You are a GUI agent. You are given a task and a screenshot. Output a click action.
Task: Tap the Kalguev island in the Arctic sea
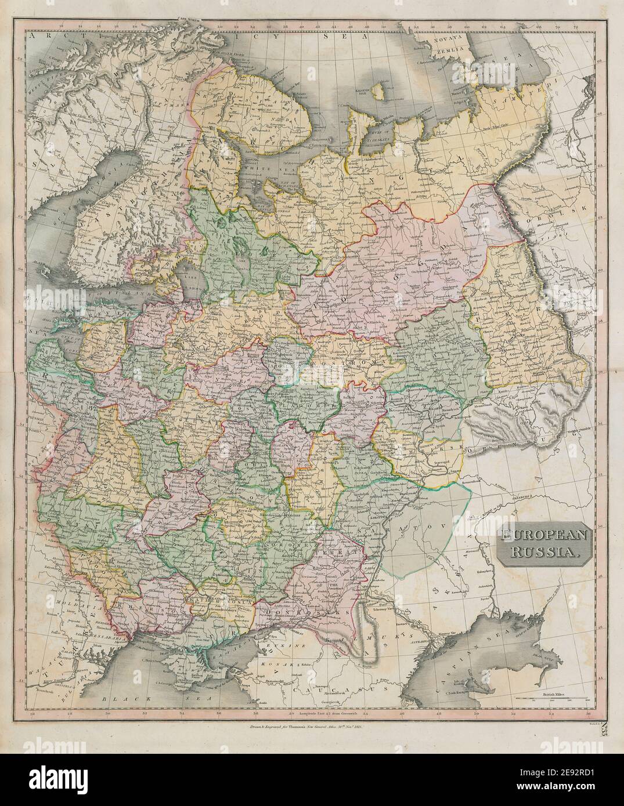coord(380,93)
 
